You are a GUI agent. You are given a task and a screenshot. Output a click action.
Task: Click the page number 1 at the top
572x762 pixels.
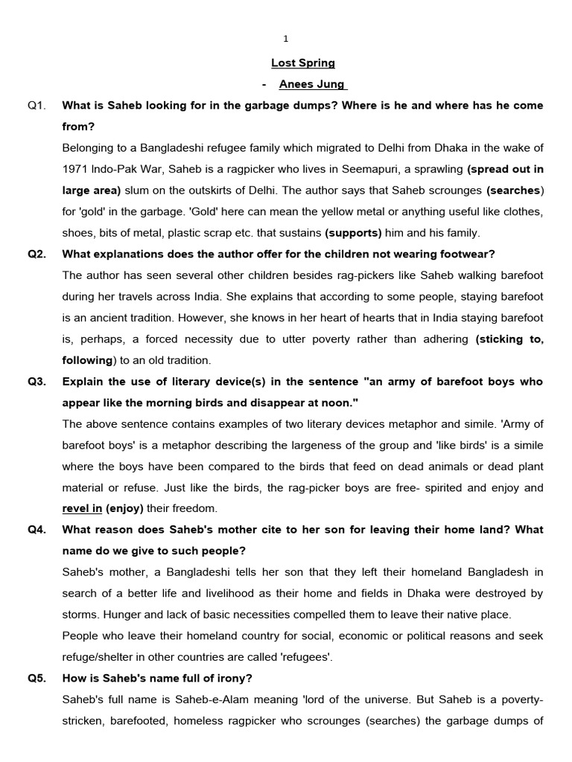[x=286, y=39]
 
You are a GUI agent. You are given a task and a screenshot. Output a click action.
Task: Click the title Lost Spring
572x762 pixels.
[x=303, y=63]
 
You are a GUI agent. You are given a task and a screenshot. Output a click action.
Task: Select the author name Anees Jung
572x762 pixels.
[x=313, y=85]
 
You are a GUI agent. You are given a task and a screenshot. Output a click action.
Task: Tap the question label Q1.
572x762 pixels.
[x=37, y=106]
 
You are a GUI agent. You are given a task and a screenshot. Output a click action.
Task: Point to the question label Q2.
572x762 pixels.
[x=37, y=254]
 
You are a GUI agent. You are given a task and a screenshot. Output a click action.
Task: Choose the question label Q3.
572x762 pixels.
[x=37, y=382]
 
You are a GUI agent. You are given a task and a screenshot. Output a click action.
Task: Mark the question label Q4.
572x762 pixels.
[x=37, y=530]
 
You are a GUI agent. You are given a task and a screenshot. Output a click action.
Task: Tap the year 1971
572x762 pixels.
[x=77, y=170]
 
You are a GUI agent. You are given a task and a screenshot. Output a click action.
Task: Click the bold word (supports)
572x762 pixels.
[x=352, y=233]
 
